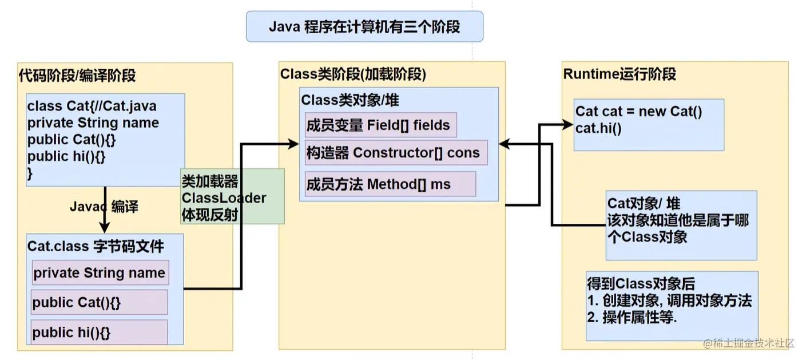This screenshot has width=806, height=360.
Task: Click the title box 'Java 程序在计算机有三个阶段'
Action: coord(364,27)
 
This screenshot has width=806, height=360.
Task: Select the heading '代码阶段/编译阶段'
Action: coord(77,76)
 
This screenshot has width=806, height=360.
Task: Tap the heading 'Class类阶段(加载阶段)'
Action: coord(353,74)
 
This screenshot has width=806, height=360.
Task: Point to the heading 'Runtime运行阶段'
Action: coord(620,74)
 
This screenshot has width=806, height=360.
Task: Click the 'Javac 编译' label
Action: coord(104,207)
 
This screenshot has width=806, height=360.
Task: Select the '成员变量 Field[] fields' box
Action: coord(380,125)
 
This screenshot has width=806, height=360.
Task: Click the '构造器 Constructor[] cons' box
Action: coord(396,153)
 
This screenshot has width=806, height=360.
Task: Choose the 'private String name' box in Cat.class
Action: coord(100,273)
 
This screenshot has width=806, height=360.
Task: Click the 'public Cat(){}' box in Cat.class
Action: coord(99,302)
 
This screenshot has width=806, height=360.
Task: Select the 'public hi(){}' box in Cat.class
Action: coord(99,333)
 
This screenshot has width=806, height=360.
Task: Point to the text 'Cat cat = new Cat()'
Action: coord(638,111)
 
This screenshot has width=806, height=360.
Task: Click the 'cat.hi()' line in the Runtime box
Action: coord(598,128)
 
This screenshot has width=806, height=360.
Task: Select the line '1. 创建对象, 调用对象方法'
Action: coord(669,300)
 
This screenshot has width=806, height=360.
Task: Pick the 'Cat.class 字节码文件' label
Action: coord(96,247)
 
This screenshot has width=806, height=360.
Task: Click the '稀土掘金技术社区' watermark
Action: coord(749,343)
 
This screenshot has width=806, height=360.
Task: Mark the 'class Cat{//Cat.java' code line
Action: coord(92,106)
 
